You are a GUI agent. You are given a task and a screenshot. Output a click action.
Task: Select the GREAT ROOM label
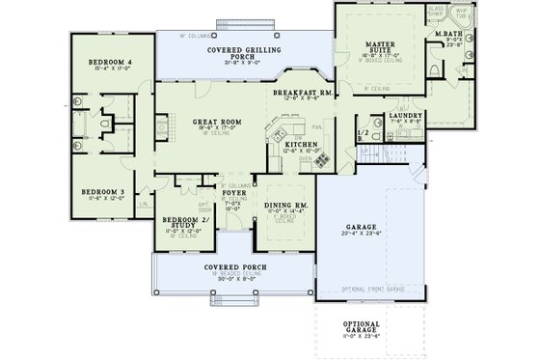point(216,123)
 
